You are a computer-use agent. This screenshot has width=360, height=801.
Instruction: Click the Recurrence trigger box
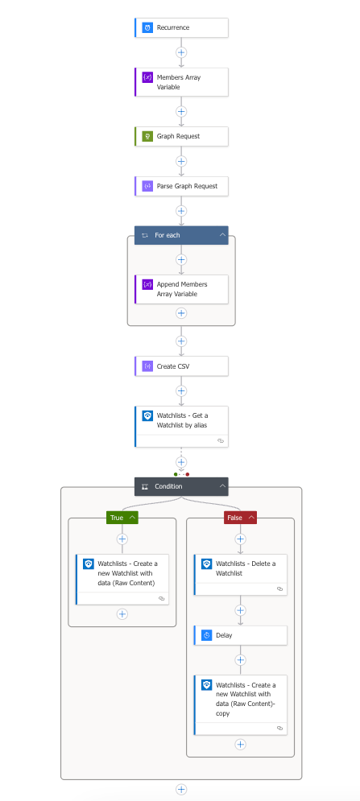click(181, 27)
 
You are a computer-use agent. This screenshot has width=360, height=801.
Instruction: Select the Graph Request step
click(181, 136)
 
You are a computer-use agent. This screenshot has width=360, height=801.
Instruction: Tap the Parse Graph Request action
click(181, 186)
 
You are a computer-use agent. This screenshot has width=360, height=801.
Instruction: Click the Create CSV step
click(181, 365)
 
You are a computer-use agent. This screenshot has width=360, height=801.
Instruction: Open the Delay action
click(240, 635)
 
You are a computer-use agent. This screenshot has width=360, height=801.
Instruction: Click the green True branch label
click(122, 518)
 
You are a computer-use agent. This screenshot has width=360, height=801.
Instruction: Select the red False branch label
click(240, 518)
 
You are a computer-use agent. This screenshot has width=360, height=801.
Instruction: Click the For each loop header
click(181, 235)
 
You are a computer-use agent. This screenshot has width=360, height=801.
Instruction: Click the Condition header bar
click(181, 486)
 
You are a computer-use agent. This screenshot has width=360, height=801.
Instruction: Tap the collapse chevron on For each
click(222, 235)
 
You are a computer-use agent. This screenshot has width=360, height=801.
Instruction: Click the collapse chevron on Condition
click(222, 486)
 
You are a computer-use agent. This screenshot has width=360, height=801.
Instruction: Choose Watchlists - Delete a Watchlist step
click(240, 575)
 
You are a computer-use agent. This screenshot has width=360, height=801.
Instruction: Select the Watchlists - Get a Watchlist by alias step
click(181, 427)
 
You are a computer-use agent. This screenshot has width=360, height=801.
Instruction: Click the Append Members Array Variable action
click(181, 289)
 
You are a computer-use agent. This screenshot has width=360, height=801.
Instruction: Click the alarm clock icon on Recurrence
click(147, 27)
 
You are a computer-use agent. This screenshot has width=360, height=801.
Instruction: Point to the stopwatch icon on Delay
click(207, 635)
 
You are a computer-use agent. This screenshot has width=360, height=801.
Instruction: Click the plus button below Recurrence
click(181, 52)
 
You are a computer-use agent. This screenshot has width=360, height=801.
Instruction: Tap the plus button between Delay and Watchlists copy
click(240, 660)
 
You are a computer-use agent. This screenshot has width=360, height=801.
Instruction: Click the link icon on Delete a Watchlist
click(279, 589)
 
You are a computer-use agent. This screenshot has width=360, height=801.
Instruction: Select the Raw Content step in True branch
click(122, 580)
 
